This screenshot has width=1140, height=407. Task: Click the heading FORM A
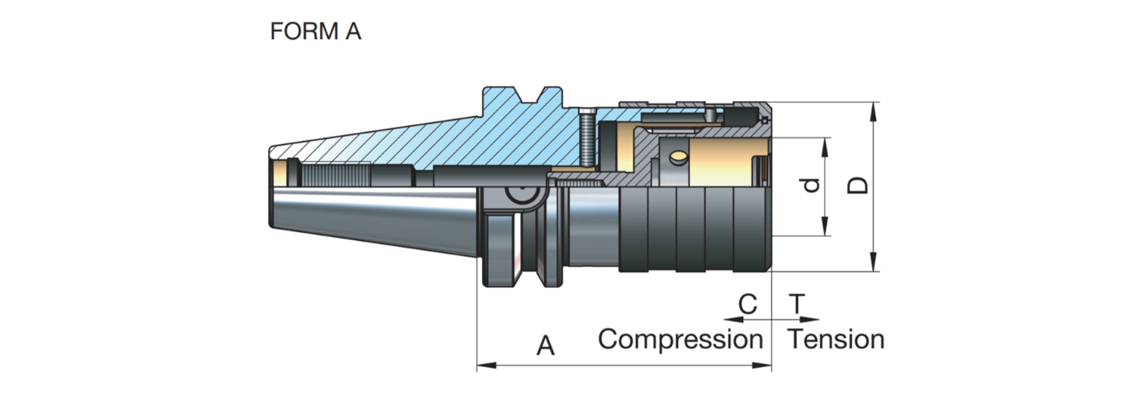314,32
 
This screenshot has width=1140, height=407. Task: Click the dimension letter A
545,347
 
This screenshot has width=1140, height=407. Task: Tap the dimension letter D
857,186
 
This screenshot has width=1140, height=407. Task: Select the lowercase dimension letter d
809,186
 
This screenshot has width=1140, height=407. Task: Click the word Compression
680,339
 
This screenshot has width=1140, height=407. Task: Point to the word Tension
836,339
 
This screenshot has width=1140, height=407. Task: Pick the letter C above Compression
748,305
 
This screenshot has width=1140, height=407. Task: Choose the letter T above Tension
798,305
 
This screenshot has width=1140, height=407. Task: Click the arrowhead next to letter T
815,320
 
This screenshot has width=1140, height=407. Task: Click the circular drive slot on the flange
519,195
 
